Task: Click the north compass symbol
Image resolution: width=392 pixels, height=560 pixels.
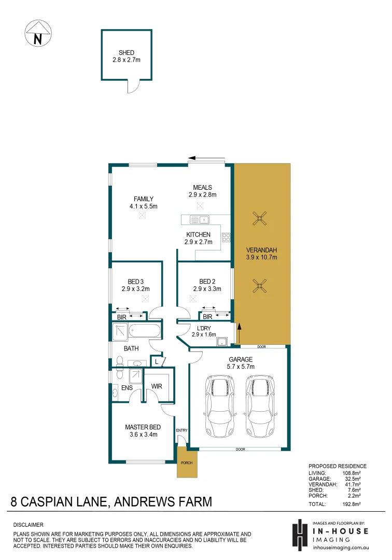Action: [x=38, y=33]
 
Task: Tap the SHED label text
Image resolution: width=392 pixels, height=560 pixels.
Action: [x=127, y=53]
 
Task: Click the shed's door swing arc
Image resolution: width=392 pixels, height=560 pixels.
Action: [x=133, y=88]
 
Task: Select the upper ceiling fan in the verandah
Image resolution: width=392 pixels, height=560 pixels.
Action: [x=260, y=219]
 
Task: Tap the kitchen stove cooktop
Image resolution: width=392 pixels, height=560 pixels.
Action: [x=226, y=237]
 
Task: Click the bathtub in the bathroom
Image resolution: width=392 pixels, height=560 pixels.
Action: [x=144, y=330]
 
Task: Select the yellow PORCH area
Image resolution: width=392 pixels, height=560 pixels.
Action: [x=187, y=463]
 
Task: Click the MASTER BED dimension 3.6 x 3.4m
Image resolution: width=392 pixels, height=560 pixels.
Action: [x=143, y=435]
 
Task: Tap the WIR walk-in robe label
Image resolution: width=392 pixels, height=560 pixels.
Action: [x=157, y=386]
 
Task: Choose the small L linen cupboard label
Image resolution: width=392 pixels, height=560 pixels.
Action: [x=156, y=361]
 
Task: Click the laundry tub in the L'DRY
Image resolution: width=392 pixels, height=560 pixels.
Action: [x=222, y=341]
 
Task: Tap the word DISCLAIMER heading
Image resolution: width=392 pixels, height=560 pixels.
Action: [x=29, y=525]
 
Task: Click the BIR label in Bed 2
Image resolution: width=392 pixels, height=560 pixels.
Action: [x=207, y=316]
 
